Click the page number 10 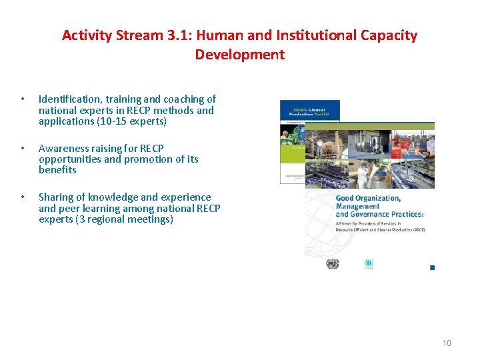(447, 343)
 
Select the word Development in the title (240, 55)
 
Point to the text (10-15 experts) (132, 121)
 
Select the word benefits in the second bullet (57, 170)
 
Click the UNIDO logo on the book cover (332, 264)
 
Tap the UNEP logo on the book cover (369, 264)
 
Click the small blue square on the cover (432, 267)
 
